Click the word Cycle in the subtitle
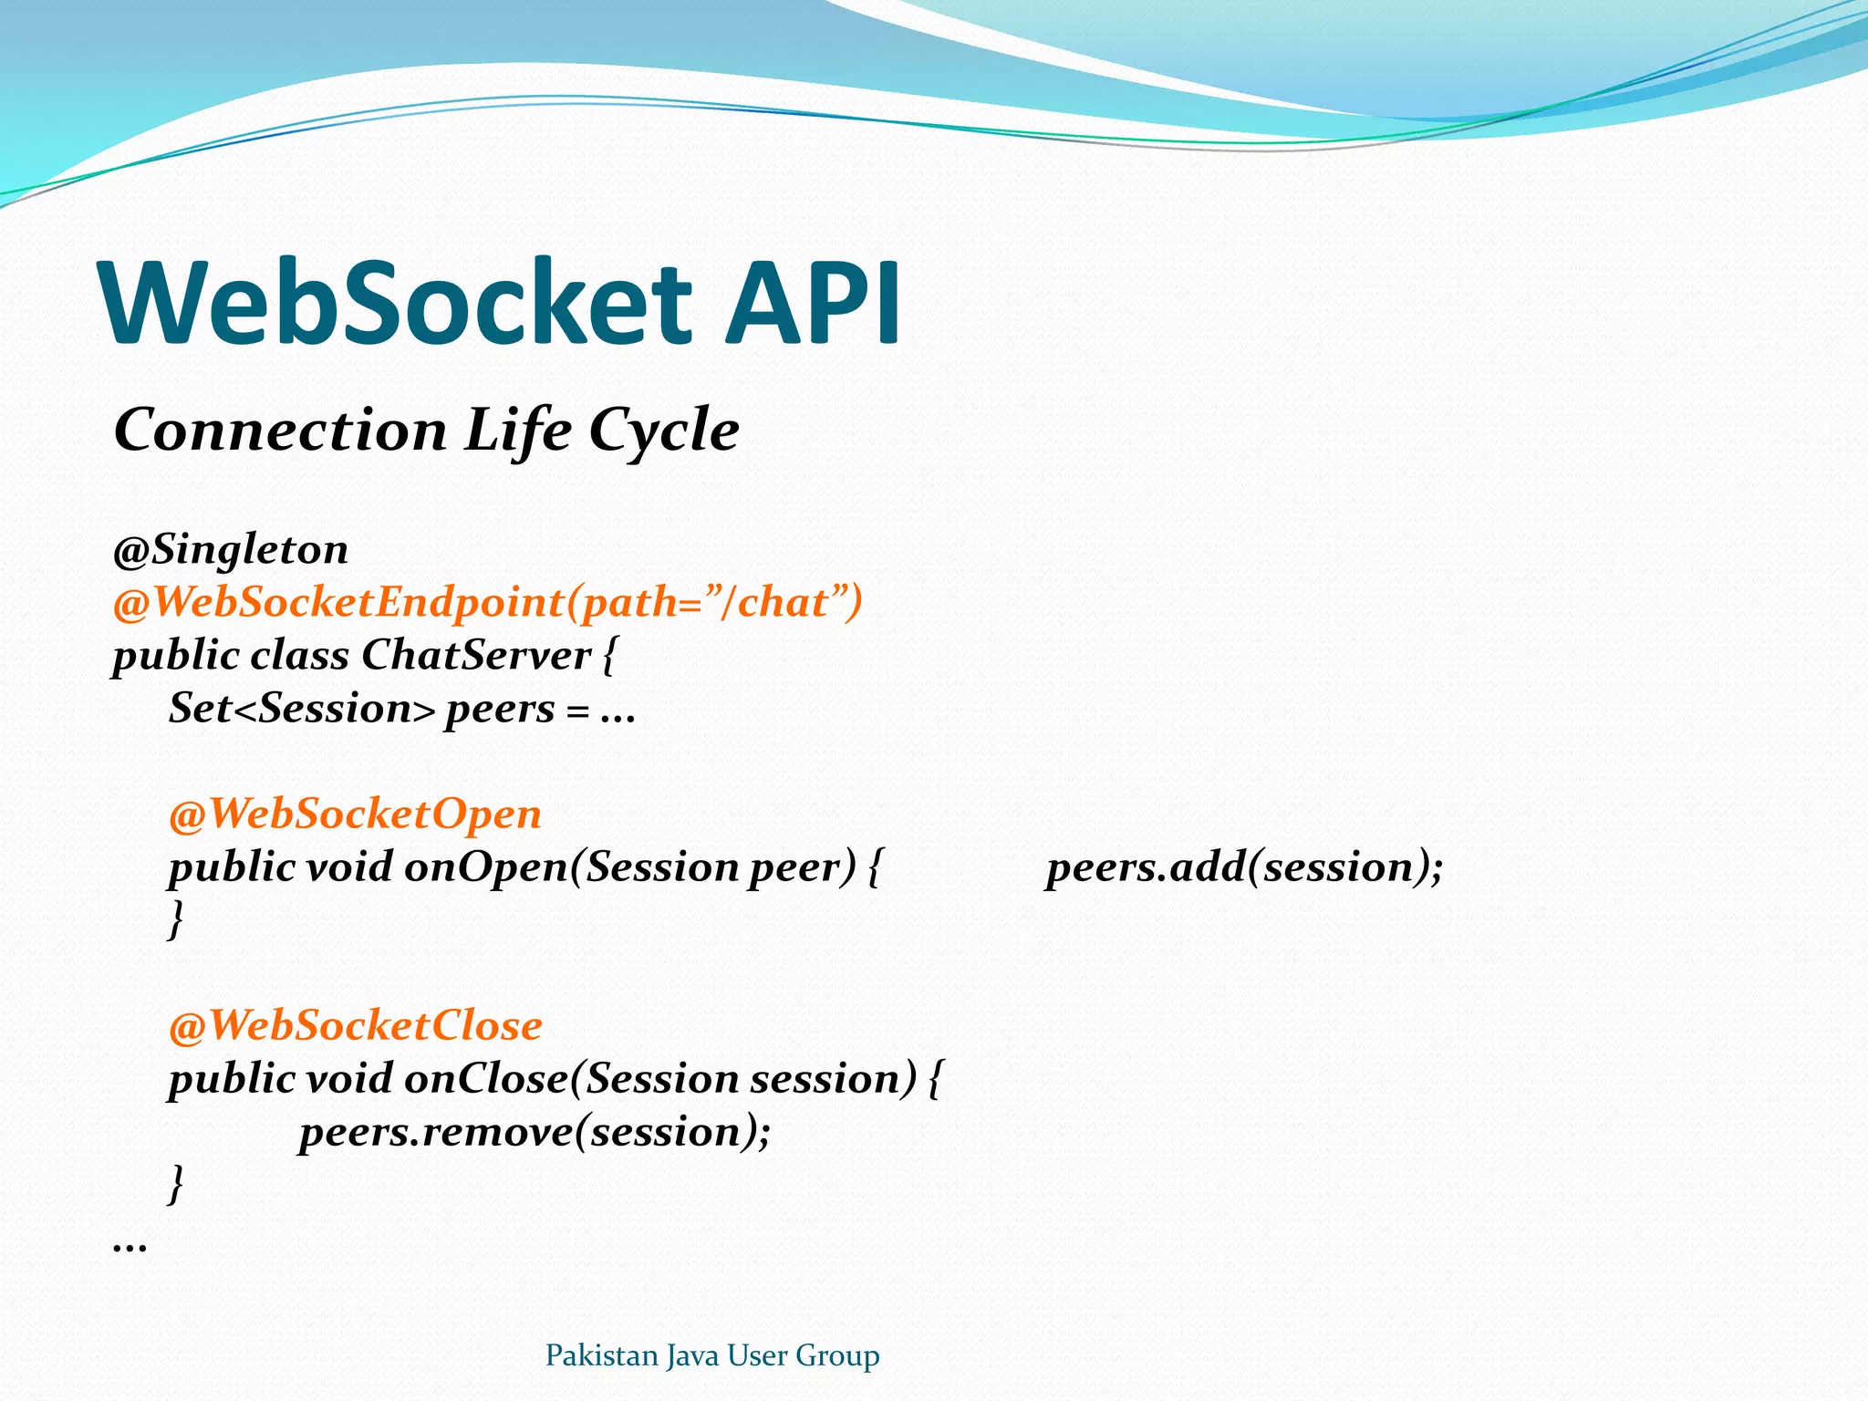[663, 431]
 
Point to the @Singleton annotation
[230, 550]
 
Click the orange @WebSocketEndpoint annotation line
[488, 603]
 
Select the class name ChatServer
[476, 655]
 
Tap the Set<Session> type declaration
[302, 709]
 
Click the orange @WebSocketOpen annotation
[356, 814]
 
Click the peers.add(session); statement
[1244, 867]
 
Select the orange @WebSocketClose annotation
[356, 1025]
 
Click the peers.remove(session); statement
[535, 1132]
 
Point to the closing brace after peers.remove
[176, 1184]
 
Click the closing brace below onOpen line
[176, 919]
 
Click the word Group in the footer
[837, 1355]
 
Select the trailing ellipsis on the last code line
[130, 1245]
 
